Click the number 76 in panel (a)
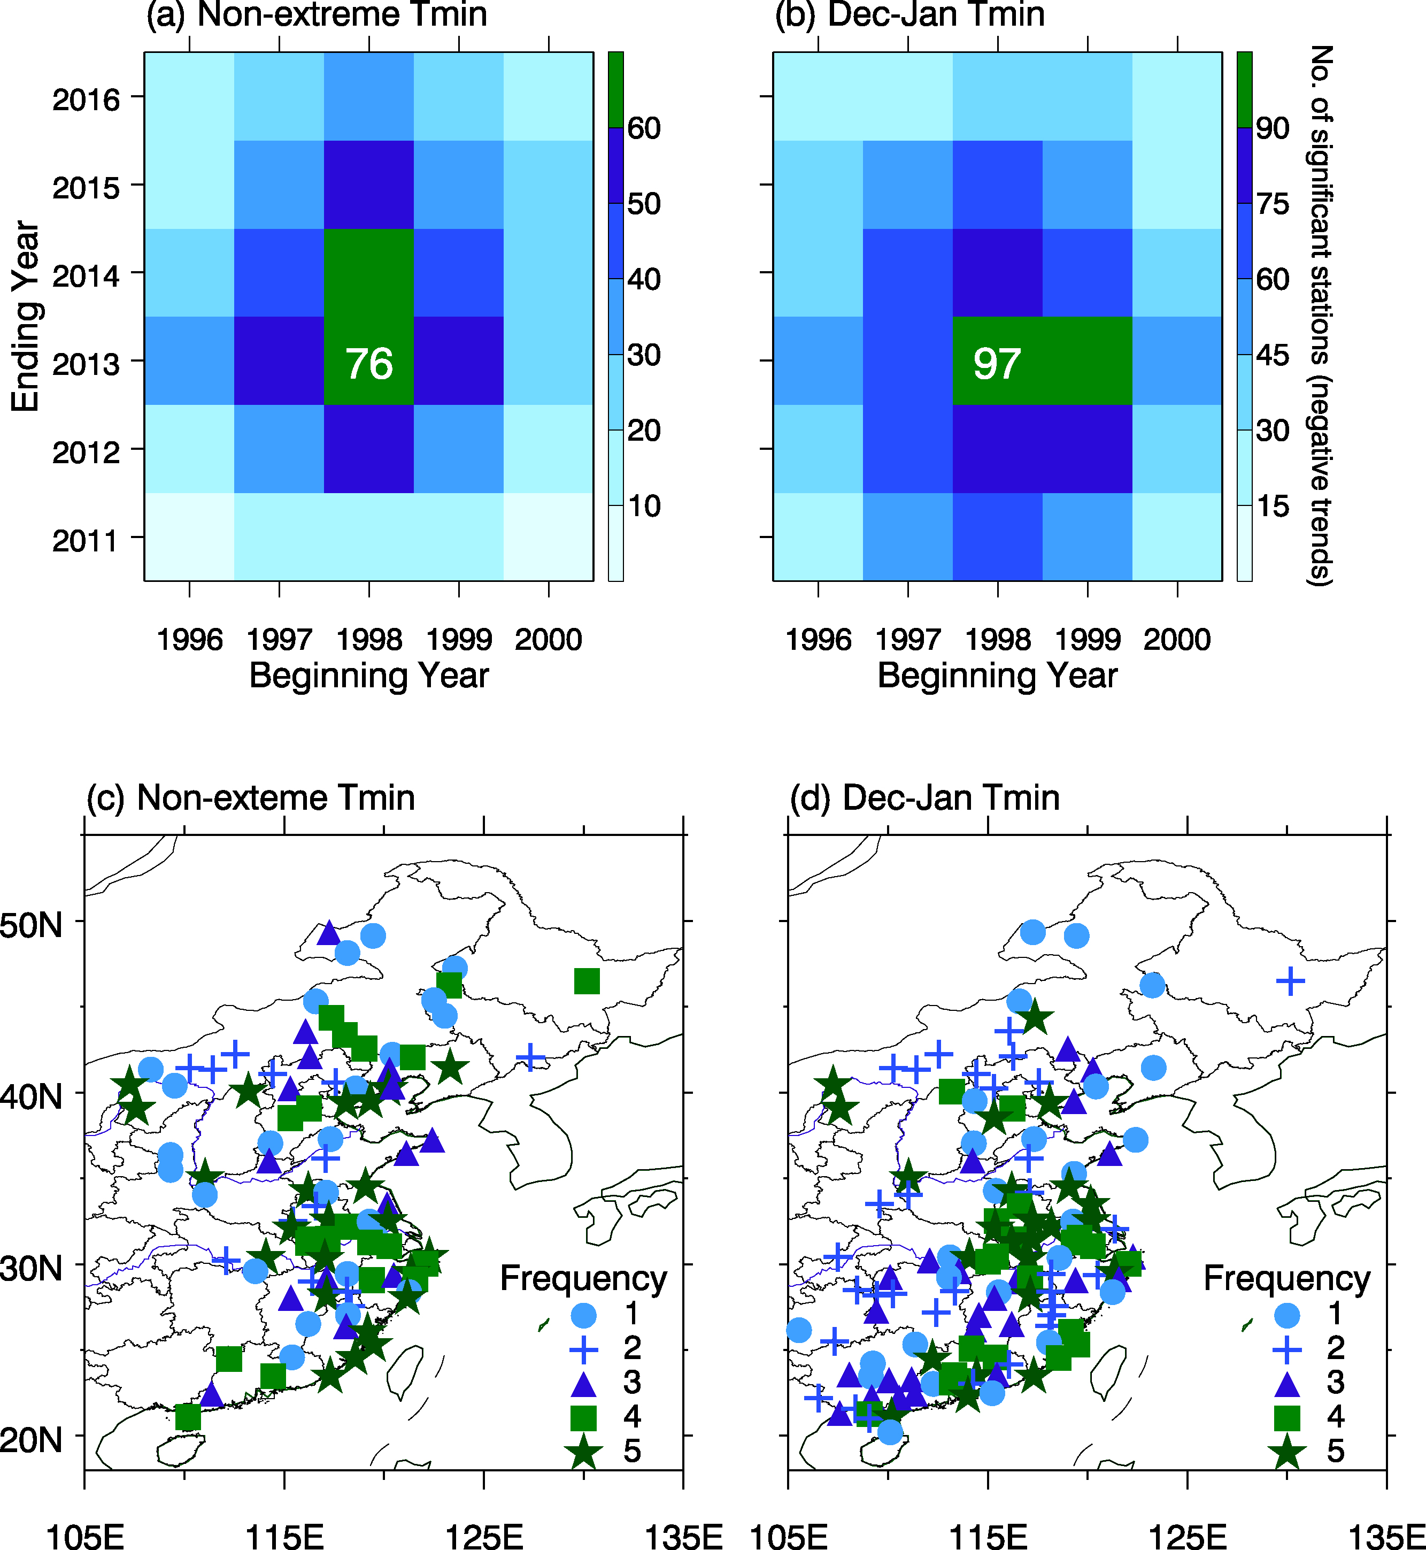pos(369,364)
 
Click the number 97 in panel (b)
pos(997,364)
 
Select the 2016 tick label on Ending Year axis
pos(86,99)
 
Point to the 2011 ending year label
pos(86,540)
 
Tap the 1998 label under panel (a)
pos(369,639)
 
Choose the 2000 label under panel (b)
pos(1177,639)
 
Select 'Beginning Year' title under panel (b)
pos(997,676)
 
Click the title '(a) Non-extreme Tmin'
pos(317,14)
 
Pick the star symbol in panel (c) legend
pos(583,1451)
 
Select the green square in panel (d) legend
pos(1287,1417)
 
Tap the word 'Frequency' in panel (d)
pos(1287,1278)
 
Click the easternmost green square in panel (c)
pos(587,981)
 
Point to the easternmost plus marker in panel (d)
pos(1290,981)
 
